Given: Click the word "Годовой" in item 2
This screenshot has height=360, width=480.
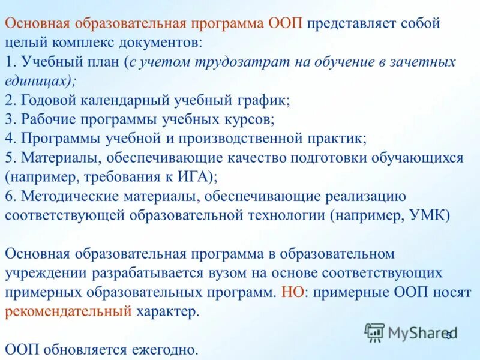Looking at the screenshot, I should [x=50, y=100].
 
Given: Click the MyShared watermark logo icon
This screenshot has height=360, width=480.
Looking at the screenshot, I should [x=374, y=332].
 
